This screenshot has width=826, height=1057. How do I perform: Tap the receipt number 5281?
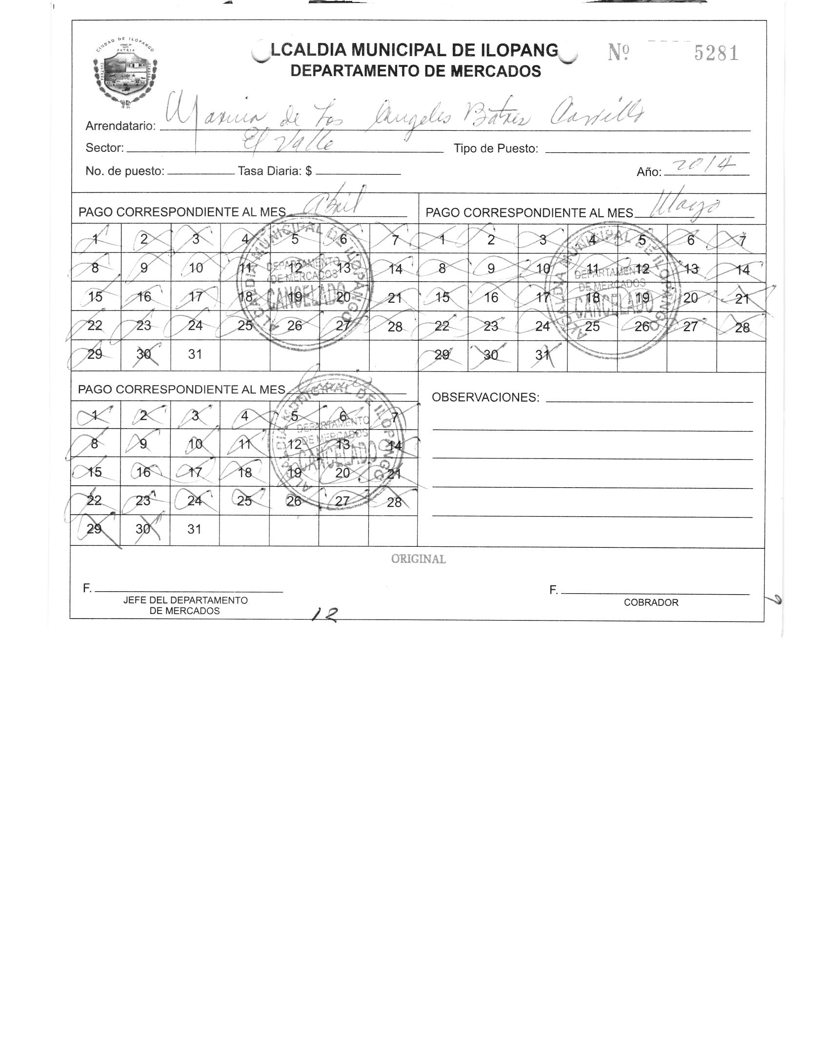(716, 53)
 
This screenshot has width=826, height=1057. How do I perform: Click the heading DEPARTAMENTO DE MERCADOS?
(415, 71)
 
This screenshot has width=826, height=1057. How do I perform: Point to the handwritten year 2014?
(706, 166)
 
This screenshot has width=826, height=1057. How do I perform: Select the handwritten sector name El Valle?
(289, 143)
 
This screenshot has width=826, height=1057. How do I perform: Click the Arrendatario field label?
(121, 126)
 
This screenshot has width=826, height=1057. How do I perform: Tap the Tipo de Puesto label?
(496, 148)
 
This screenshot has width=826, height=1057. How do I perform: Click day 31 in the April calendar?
(195, 354)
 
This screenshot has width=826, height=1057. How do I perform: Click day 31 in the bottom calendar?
(194, 529)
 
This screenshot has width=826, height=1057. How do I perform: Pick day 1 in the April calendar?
(96, 239)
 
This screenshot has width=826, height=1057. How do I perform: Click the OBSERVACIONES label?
(485, 397)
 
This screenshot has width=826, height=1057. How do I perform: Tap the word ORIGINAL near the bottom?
(418, 560)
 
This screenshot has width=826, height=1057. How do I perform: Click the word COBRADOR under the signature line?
(651, 602)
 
